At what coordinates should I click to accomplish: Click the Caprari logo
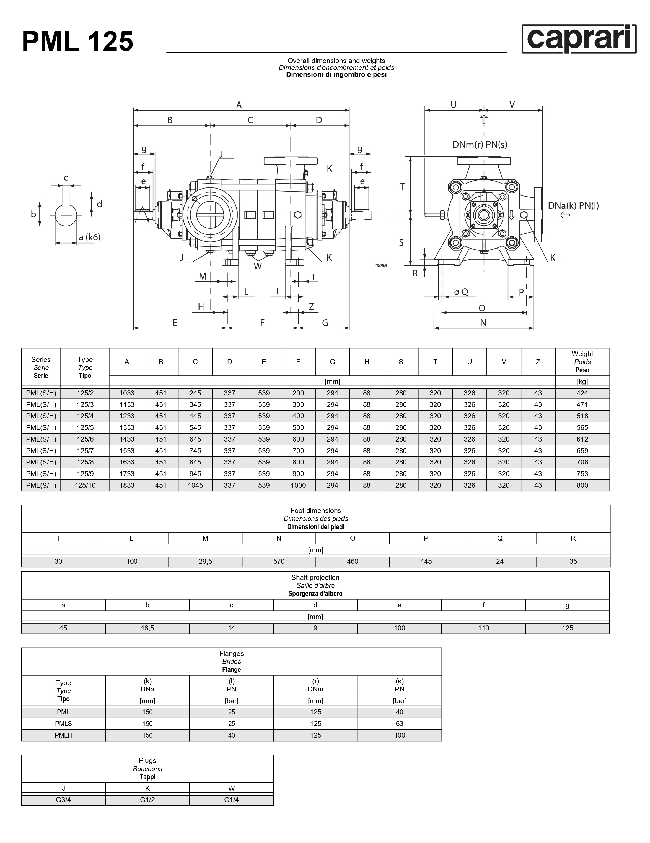coord(579,39)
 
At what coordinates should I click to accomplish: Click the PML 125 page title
coord(78,42)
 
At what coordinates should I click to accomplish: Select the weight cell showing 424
coord(582,393)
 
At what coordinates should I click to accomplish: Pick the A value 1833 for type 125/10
coord(127,485)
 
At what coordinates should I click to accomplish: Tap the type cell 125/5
coord(85,427)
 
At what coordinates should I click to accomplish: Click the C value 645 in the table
coord(195,439)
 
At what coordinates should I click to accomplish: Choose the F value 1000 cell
coord(298,485)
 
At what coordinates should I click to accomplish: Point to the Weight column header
coord(582,362)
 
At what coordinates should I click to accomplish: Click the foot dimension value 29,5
coord(205,561)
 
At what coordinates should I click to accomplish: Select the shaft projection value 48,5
coord(147,628)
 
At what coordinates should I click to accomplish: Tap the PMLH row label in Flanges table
coord(63,735)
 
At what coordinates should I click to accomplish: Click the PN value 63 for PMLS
coord(399,724)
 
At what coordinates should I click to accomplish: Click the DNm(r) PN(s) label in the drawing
coord(480,145)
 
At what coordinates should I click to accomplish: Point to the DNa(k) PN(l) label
coord(573,206)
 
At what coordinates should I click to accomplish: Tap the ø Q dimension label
coord(461,292)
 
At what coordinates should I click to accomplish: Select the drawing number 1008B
coord(381,265)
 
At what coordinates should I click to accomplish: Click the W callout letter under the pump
coord(258,266)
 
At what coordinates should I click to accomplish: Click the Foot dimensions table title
coord(315,518)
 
